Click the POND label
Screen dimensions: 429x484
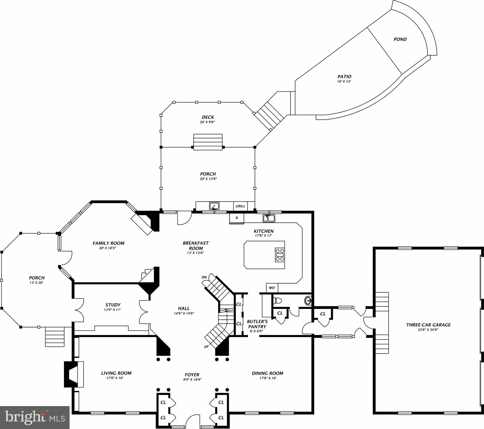coord(400,39)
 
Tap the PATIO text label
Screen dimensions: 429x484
coord(344,77)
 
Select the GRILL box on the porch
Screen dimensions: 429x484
coord(240,206)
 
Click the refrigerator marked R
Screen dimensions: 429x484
coord(236,218)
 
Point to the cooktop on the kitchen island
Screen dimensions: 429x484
coord(280,255)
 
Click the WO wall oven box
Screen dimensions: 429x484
coord(272,288)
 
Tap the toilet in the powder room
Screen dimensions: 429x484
coord(277,301)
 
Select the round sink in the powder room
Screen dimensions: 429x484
coord(308,301)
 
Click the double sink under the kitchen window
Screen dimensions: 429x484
coord(269,218)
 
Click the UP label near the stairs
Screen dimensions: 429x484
coord(206,347)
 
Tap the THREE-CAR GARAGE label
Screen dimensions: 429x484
coord(428,325)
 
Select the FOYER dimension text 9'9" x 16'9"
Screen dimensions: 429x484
coord(192,380)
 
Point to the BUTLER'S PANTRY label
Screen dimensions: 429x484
coord(257,324)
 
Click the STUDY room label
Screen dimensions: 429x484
coord(113,305)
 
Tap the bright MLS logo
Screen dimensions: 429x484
coord(35,417)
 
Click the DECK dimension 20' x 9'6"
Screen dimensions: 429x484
coord(208,122)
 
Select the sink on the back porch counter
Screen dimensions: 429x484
coord(214,206)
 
